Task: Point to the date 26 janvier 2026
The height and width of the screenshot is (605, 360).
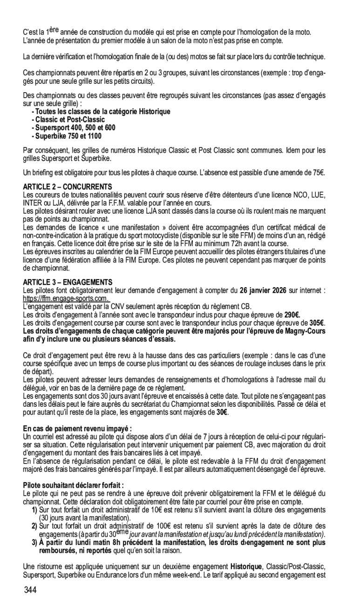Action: (x=263, y=291)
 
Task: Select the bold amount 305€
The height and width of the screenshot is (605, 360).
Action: (x=317, y=323)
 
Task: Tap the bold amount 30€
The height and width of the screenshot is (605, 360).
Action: (x=222, y=412)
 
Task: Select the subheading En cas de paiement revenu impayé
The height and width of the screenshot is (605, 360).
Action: (x=77, y=428)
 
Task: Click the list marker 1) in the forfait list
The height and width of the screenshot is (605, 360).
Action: (x=34, y=510)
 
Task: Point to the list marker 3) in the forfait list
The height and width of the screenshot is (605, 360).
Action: (x=34, y=543)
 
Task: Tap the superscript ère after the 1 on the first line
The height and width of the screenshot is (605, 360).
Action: (x=54, y=29)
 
